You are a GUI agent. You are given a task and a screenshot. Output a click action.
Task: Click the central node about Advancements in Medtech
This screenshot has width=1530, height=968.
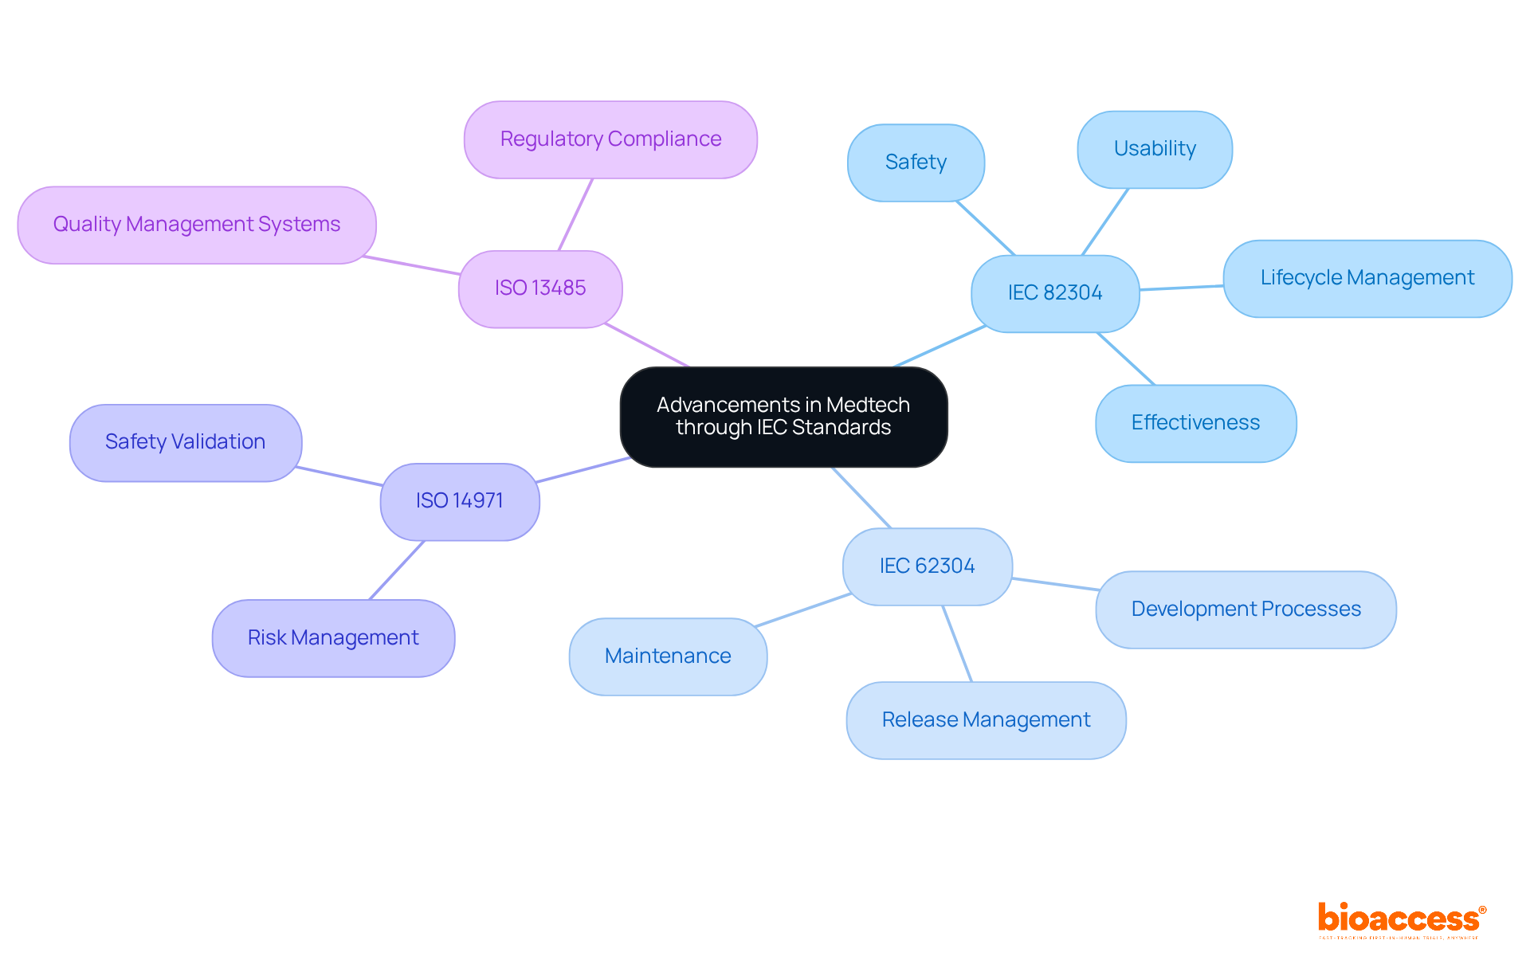pos(783,417)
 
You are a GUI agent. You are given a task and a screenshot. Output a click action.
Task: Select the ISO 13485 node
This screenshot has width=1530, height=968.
pos(540,288)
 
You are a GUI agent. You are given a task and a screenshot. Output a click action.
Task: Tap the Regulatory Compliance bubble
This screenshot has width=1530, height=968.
pos(610,139)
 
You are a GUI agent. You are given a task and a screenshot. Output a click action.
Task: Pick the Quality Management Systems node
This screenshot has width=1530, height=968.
pos(197,225)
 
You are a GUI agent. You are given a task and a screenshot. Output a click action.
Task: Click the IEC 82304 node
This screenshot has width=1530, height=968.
pos(1055,293)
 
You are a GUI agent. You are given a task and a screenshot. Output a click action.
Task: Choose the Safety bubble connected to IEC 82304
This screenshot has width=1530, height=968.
pos(916,163)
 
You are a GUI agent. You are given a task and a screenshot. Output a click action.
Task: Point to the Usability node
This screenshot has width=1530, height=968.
pos(1155,149)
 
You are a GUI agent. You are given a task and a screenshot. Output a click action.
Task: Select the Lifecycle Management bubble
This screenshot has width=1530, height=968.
pos(1367,278)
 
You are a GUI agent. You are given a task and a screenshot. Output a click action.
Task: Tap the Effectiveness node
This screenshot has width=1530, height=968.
pos(1195,423)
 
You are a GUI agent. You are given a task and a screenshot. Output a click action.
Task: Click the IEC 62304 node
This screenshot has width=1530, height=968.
pos(928,566)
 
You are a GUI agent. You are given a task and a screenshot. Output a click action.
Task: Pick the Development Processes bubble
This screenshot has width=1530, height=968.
pos(1246,609)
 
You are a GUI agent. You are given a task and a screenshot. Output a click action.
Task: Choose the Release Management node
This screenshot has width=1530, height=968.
pos(986,720)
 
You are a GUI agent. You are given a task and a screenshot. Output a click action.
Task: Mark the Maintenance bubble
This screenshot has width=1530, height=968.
pos(668,656)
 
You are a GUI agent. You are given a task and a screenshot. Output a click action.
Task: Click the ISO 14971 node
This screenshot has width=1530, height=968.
pos(460,501)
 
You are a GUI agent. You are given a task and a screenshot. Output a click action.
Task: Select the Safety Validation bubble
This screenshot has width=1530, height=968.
pos(186,442)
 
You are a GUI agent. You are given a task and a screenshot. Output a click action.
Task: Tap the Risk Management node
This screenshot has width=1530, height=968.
pos(333,638)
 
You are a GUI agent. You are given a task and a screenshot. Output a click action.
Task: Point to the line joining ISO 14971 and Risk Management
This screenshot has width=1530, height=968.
pos(397,570)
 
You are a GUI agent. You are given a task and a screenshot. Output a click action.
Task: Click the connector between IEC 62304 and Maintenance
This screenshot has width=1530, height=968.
pos(803,610)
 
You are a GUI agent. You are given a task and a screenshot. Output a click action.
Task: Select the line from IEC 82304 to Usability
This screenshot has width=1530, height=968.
pos(1105,221)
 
